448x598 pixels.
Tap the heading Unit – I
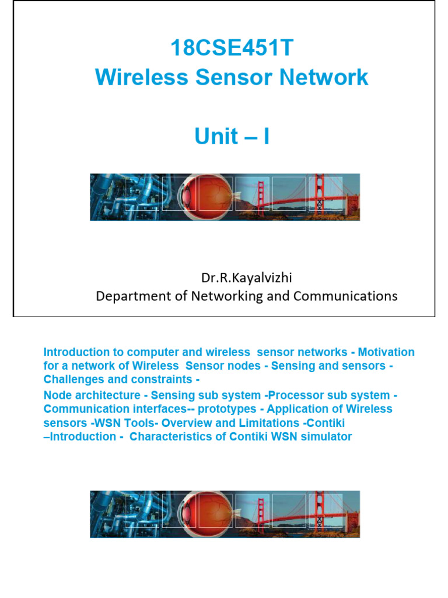[x=232, y=137]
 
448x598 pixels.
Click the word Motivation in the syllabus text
[x=386, y=352]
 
